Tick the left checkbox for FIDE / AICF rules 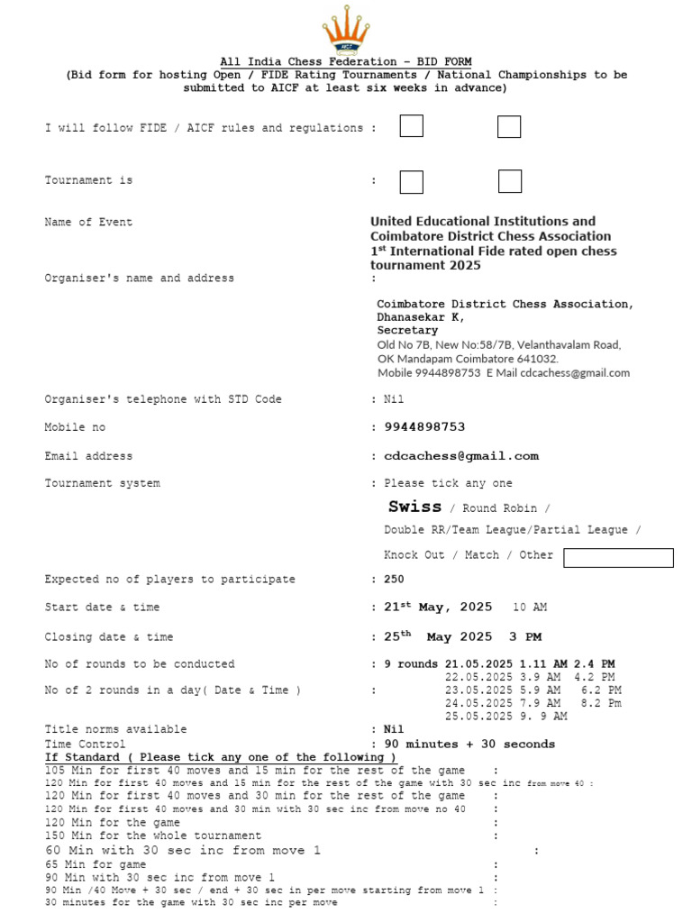(411, 127)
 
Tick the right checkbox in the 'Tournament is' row (509, 181)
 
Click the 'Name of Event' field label (88, 223)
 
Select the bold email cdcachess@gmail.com (461, 456)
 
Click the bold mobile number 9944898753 (424, 427)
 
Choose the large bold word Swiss (414, 507)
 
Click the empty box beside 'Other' (618, 558)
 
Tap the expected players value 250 (395, 580)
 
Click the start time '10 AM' (530, 608)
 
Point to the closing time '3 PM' (525, 637)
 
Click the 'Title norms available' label (116, 729)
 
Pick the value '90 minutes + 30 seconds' (469, 745)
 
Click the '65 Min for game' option (96, 864)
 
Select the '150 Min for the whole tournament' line (153, 836)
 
